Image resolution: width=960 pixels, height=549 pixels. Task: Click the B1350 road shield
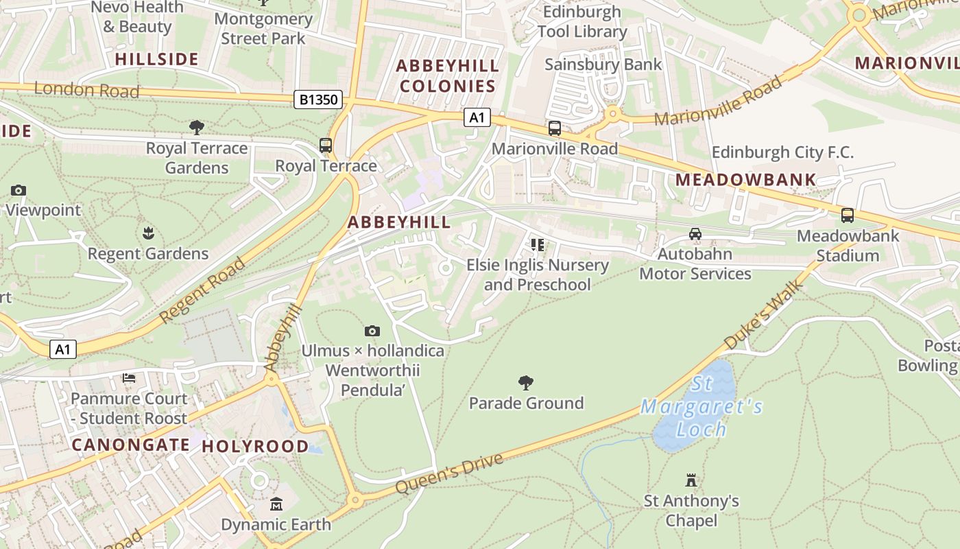[320, 100]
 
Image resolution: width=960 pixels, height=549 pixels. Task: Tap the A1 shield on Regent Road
[62, 349]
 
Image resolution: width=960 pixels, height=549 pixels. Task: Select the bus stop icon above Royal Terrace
[326, 145]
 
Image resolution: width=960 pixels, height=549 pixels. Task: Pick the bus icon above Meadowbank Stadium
[848, 215]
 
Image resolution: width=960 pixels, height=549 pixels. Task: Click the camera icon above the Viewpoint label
[19, 190]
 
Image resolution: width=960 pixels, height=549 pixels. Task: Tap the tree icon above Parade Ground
[526, 382]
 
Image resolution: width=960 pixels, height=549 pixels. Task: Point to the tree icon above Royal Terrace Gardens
[197, 127]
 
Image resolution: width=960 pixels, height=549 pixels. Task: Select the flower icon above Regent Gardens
[148, 233]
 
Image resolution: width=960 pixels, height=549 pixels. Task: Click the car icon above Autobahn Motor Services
[695, 234]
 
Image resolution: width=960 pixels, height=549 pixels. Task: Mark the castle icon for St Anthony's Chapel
[691, 480]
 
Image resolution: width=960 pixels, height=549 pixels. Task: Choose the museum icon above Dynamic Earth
[276, 504]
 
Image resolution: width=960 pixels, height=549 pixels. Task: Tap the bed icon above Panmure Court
[129, 378]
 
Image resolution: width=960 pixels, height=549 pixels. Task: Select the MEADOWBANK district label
[746, 180]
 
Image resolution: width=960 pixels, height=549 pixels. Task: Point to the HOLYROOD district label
[255, 446]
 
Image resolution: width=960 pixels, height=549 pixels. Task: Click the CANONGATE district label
[130, 445]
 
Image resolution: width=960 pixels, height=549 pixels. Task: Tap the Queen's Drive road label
[449, 474]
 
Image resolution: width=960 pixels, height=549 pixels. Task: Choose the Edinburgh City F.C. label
[782, 152]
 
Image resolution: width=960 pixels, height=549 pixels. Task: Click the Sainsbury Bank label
[603, 65]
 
